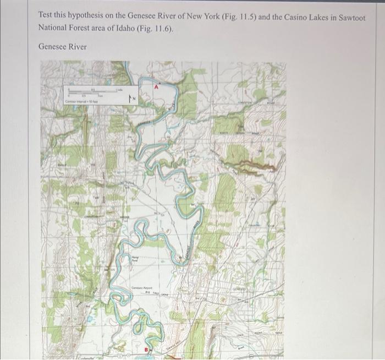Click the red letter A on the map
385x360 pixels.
point(156,87)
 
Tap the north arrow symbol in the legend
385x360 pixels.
point(131,98)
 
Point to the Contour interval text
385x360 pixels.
point(81,102)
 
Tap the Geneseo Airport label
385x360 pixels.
point(140,288)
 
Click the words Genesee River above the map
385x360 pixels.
point(62,47)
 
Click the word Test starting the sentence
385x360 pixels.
point(46,17)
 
